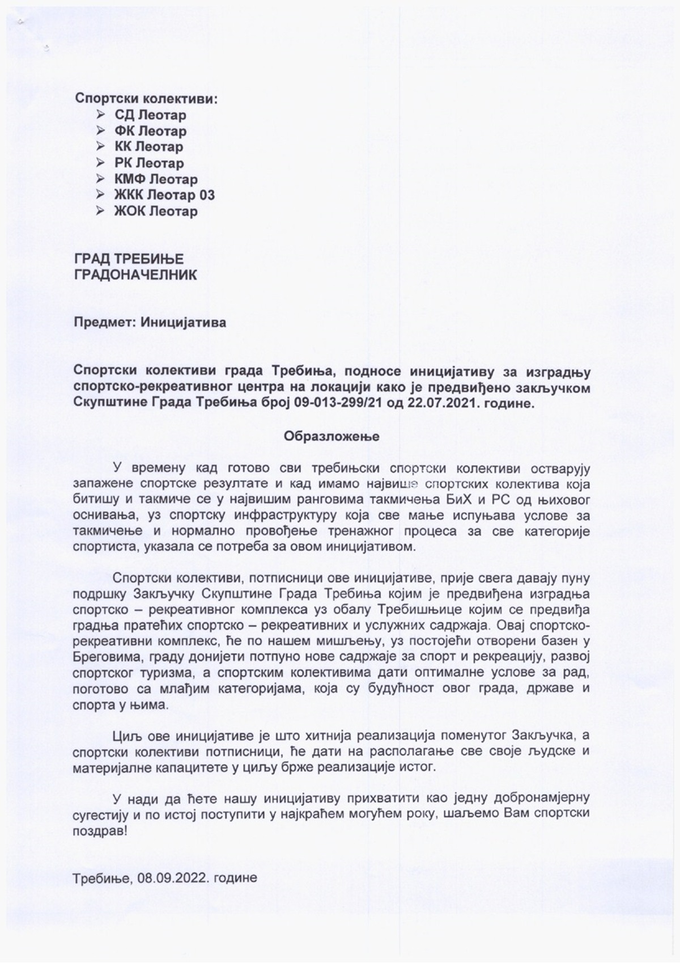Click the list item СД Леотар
click(150, 115)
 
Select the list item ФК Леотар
click(150, 131)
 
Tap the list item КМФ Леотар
click(156, 179)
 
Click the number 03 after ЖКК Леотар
click(207, 195)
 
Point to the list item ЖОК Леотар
click(156, 212)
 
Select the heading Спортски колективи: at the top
click(146, 99)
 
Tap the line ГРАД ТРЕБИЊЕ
click(129, 259)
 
